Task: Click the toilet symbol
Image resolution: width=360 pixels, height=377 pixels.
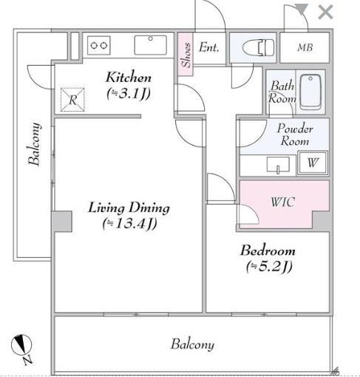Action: pyautogui.click(x=258, y=47)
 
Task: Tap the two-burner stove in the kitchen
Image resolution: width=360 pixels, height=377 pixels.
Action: pyautogui.click(x=98, y=46)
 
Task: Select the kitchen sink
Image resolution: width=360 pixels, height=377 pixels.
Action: pyautogui.click(x=150, y=45)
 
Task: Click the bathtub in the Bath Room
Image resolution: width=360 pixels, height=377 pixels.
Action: pyautogui.click(x=310, y=92)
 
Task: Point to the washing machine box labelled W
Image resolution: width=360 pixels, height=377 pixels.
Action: pyautogui.click(x=313, y=163)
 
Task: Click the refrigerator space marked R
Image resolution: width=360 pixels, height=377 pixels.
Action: pyautogui.click(x=72, y=100)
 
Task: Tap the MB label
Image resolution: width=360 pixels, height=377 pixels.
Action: pyautogui.click(x=305, y=47)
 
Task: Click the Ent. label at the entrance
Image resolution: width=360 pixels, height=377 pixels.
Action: pyautogui.click(x=209, y=47)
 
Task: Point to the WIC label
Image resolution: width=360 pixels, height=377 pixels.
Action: pyautogui.click(x=282, y=202)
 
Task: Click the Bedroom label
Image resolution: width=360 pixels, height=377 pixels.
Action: pyautogui.click(x=268, y=251)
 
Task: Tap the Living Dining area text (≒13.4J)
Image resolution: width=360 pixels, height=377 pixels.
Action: pyautogui.click(x=129, y=224)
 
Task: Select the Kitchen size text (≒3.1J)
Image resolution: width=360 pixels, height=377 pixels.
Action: pyautogui.click(x=129, y=94)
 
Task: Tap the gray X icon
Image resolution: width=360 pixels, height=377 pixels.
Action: pyautogui.click(x=325, y=13)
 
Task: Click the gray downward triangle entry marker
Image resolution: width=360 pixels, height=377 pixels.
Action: pyautogui.click(x=302, y=9)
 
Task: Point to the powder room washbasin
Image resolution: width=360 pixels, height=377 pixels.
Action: pyautogui.click(x=278, y=165)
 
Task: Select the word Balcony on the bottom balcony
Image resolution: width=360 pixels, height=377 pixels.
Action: pyautogui.click(x=192, y=344)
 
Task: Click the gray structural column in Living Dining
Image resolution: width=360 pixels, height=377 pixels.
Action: pyautogui.click(x=62, y=221)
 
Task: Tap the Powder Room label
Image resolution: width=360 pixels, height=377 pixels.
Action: pyautogui.click(x=295, y=135)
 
